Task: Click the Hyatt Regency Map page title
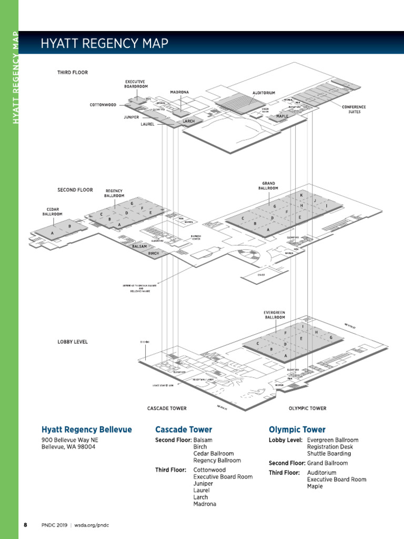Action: (105, 43)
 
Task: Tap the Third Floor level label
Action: (73, 72)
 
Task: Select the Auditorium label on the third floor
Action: (264, 93)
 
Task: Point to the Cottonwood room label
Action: (103, 105)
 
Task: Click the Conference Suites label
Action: (354, 109)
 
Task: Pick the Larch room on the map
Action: (188, 122)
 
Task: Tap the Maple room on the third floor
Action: (282, 116)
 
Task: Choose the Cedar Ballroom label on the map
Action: (52, 212)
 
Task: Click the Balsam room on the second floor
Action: (139, 246)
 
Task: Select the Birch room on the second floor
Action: (153, 253)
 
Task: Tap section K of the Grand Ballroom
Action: (301, 195)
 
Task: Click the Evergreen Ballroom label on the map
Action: (274, 315)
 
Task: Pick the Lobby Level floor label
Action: (73, 342)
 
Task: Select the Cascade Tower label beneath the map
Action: (167, 408)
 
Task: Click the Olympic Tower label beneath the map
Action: (307, 408)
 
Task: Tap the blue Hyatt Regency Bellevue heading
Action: (87, 430)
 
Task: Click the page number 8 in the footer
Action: (25, 525)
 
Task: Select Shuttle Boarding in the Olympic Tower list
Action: (329, 453)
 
